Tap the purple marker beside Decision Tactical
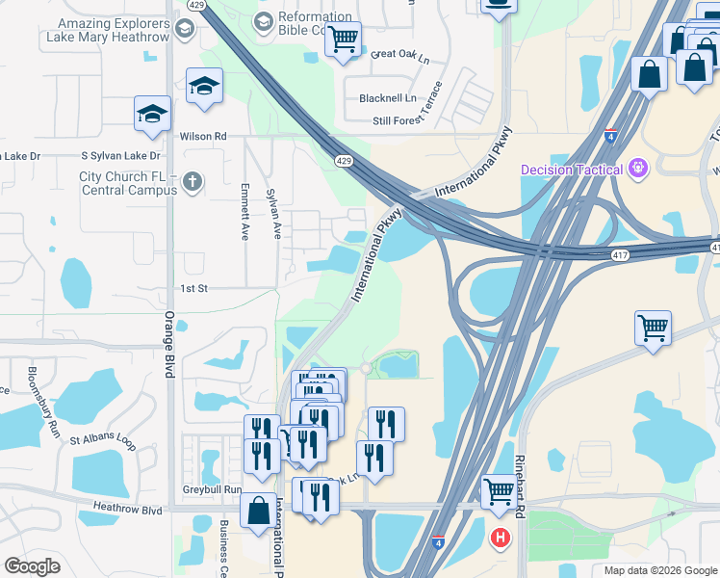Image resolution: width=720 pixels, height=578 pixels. coord(636,170)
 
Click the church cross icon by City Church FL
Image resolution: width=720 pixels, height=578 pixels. coord(193,181)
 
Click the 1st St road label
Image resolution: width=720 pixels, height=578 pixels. coord(193,288)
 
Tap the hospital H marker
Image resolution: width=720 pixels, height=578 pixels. coord(501,538)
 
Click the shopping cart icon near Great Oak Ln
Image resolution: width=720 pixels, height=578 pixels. coord(343,39)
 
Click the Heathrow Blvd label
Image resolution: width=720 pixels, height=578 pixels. coord(127,508)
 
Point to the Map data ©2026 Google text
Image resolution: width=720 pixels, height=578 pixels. coord(659,570)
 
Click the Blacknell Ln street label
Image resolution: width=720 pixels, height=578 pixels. coord(387,98)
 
